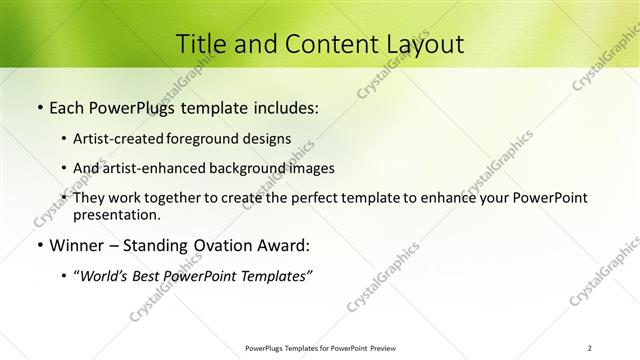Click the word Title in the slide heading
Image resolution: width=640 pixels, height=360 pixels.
(x=199, y=44)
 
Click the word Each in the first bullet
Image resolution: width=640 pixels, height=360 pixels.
(x=66, y=106)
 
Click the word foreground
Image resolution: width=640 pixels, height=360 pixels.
(x=217, y=138)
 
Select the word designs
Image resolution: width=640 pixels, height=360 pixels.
(x=272, y=138)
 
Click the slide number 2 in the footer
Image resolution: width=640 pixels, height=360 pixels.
(x=590, y=347)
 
